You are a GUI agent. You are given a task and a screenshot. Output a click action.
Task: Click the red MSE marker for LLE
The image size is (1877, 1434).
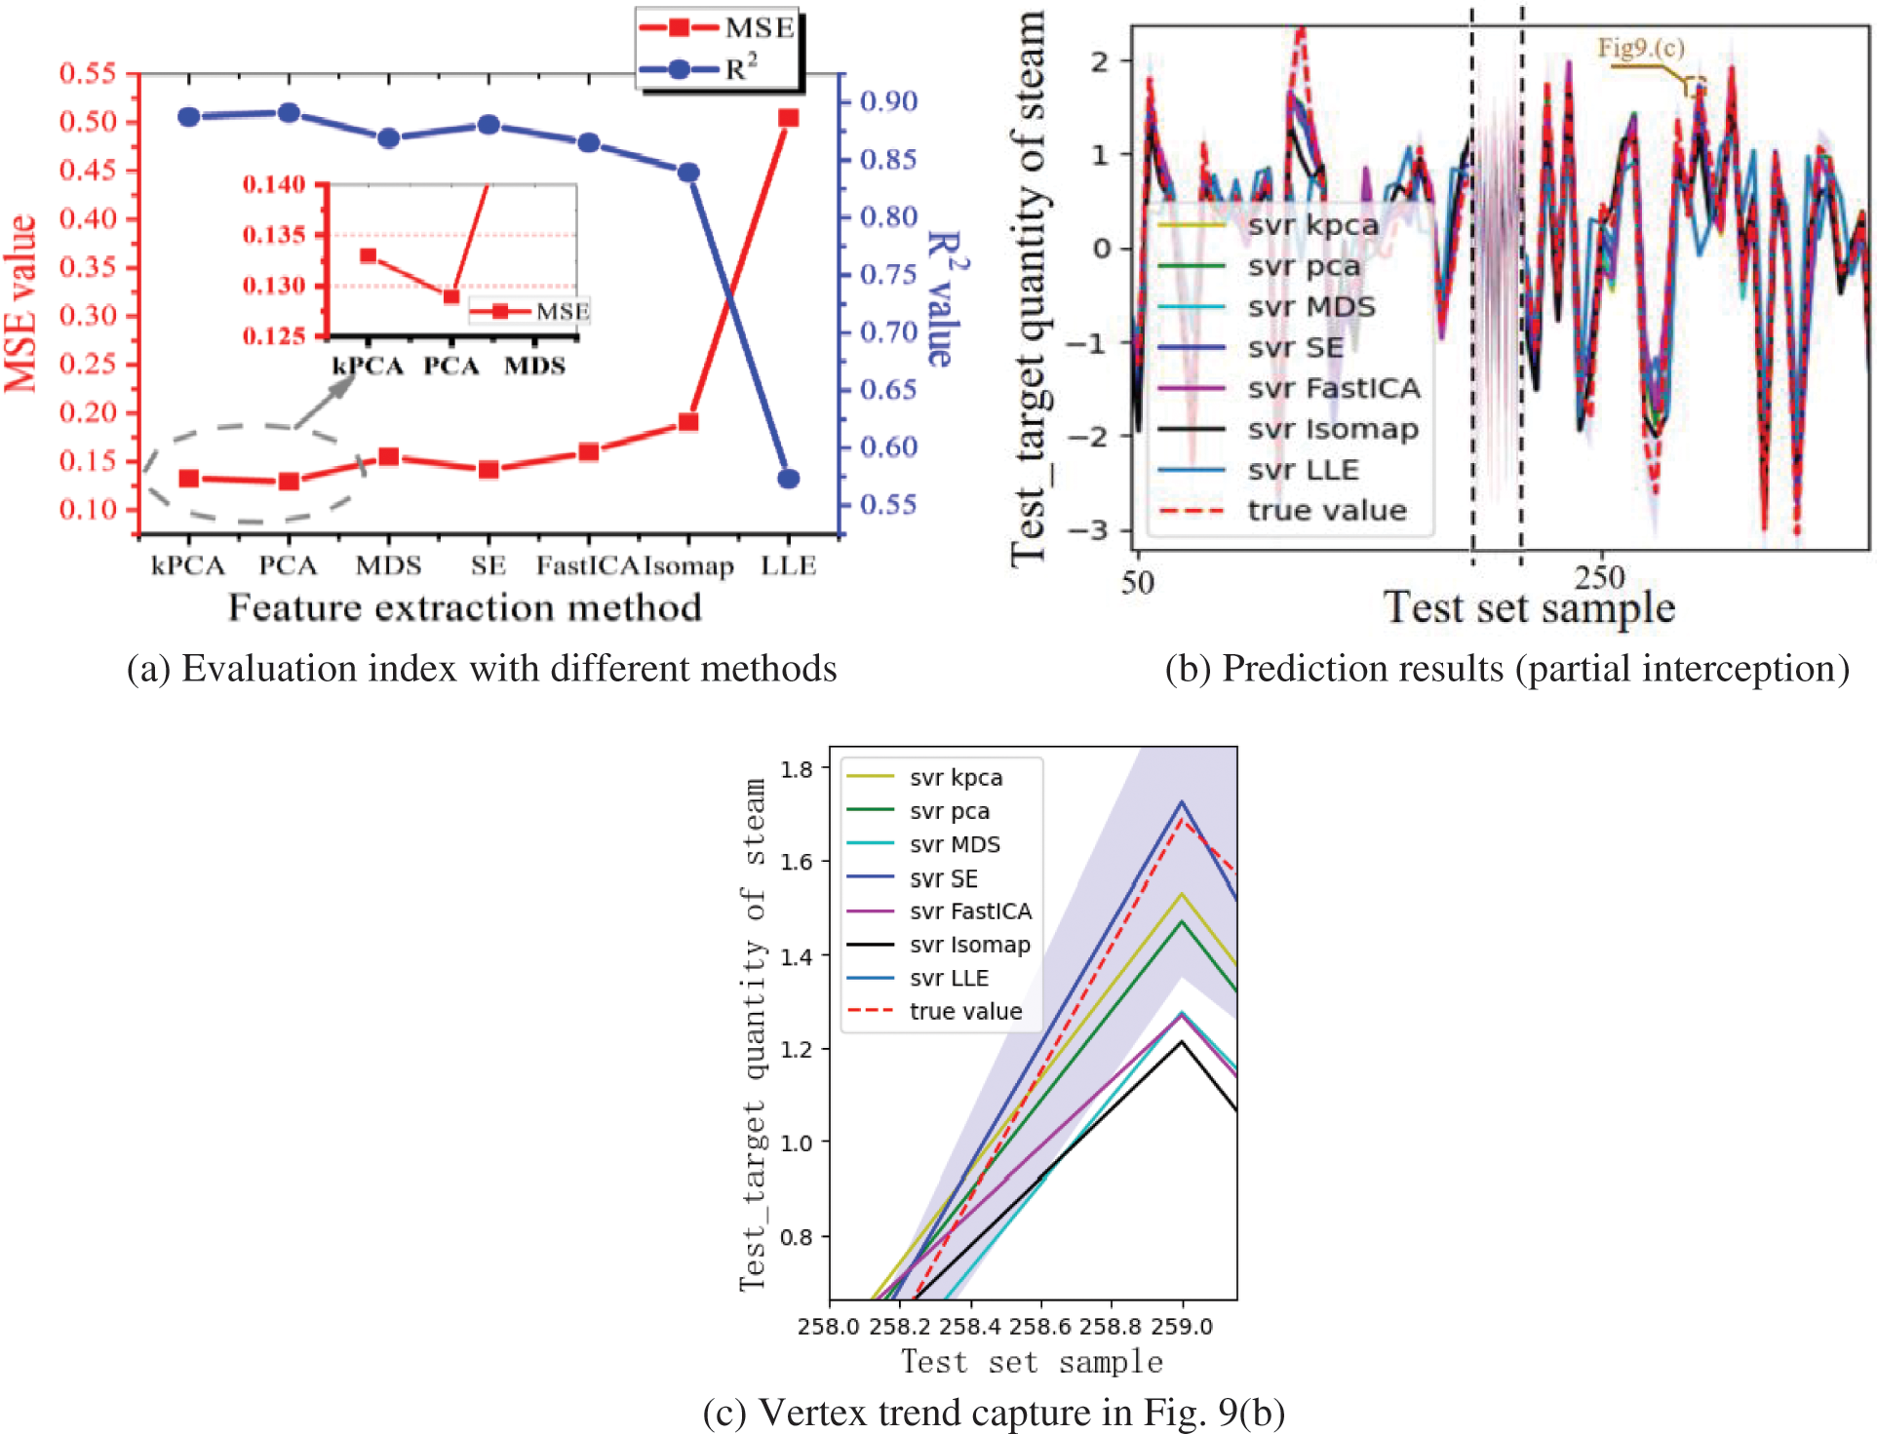pyautogui.click(x=788, y=118)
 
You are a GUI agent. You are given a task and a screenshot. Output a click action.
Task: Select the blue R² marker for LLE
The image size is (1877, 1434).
pyautogui.click(x=788, y=479)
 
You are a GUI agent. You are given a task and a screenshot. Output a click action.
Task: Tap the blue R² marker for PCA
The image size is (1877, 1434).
pyautogui.click(x=289, y=113)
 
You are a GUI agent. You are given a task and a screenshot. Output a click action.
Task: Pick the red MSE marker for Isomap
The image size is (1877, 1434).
pyautogui.click(x=688, y=422)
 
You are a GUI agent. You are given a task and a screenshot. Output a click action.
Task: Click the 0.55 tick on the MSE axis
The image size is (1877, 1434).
pyautogui.click(x=88, y=73)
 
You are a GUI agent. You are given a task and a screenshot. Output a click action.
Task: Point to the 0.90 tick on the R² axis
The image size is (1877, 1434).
pyautogui.click(x=888, y=101)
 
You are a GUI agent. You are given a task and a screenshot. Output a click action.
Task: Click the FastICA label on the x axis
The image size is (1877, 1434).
pyautogui.click(x=587, y=566)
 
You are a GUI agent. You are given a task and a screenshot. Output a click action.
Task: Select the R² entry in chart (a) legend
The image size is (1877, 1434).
pyautogui.click(x=741, y=69)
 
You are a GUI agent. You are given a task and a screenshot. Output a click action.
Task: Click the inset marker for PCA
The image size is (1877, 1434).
pyautogui.click(x=451, y=296)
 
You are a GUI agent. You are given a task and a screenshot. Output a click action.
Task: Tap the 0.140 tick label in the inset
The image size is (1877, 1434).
pyautogui.click(x=274, y=184)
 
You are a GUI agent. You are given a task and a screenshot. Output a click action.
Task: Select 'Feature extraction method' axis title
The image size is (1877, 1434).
pyautogui.click(x=464, y=608)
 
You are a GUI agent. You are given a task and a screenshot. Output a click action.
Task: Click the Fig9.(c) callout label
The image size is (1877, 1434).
pyautogui.click(x=1640, y=48)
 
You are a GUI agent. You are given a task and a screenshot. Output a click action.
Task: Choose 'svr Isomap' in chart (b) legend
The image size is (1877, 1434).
pyautogui.click(x=1332, y=429)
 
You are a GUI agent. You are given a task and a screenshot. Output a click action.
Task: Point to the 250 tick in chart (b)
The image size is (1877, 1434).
pyautogui.click(x=1600, y=577)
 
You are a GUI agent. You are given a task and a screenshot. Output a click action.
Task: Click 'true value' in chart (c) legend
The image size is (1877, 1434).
pyautogui.click(x=965, y=1012)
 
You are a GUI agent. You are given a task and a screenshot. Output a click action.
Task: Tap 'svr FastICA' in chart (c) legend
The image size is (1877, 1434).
pyautogui.click(x=970, y=911)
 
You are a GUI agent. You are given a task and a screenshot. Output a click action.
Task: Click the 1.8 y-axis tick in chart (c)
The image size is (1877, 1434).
pyautogui.click(x=797, y=769)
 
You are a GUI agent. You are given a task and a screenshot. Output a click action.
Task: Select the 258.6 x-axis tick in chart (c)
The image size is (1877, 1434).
pyautogui.click(x=1041, y=1327)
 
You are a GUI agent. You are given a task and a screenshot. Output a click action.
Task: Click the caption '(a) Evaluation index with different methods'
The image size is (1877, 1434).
pyautogui.click(x=482, y=669)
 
